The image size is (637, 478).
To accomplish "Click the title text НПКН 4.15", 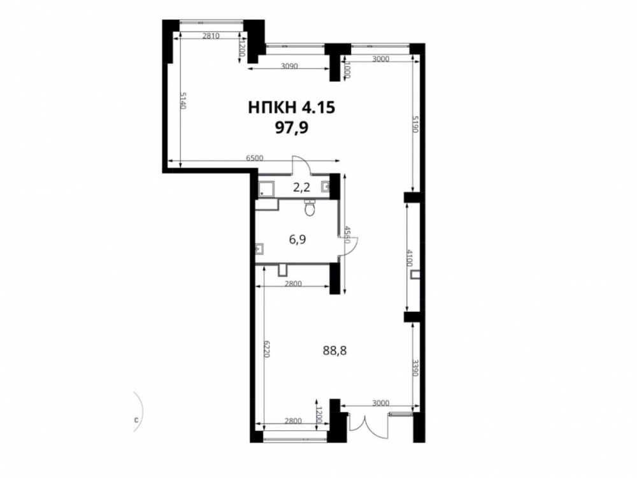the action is [x=291, y=108].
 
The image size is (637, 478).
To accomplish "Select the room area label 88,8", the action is [x=334, y=351].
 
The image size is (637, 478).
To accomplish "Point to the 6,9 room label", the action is [x=297, y=240].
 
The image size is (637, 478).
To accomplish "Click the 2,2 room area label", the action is [x=301, y=187].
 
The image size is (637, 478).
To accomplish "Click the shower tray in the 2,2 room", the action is [x=266, y=189].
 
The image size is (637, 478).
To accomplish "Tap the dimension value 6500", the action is [x=255, y=158].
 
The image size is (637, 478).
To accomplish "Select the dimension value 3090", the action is [x=290, y=66].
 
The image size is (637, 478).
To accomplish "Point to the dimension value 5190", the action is [x=415, y=124].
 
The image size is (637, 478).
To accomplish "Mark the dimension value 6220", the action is [x=267, y=349].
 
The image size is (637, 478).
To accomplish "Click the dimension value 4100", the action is [x=410, y=259].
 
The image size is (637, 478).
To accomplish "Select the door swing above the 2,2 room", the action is [x=301, y=164].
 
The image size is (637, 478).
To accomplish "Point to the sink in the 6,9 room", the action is [x=261, y=248].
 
